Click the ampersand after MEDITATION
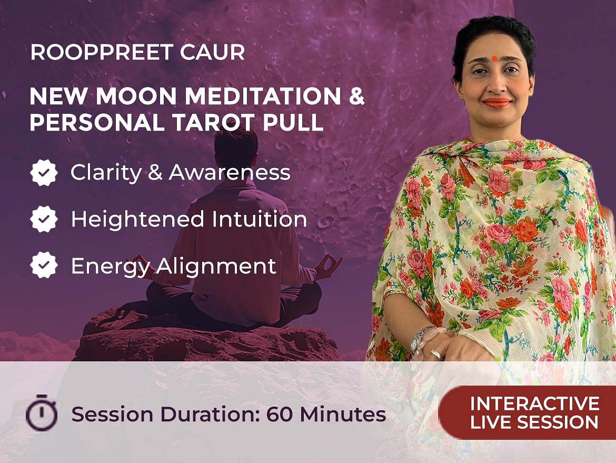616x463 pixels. [357, 96]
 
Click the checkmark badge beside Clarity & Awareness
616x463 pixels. [44, 173]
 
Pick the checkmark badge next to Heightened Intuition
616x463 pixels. [44, 219]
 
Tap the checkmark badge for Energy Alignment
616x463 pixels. [44, 265]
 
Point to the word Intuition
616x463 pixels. [259, 219]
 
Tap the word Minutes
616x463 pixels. [343, 414]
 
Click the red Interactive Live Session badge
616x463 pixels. [527, 412]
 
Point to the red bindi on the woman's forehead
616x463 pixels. [494, 58]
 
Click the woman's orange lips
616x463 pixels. [496, 103]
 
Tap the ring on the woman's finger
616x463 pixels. [436, 354]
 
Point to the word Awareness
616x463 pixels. [230, 173]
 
